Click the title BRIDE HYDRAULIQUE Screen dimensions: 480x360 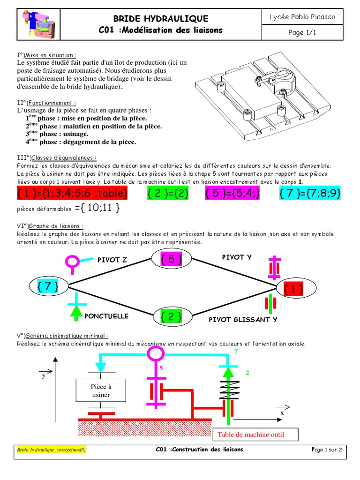pyautogui.click(x=161, y=19)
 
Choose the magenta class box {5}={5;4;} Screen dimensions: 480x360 pyautogui.click(x=232, y=193)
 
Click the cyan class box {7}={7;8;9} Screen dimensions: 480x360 pyautogui.click(x=310, y=193)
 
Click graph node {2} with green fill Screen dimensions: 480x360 pyautogui.click(x=171, y=316)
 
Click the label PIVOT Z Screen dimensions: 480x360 pyautogui.click(x=112, y=260)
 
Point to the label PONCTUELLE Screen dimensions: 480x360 pyautogui.click(x=106, y=316)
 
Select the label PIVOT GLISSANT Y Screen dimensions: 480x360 pyautogui.click(x=243, y=320)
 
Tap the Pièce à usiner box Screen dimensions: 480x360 pyautogui.click(x=100, y=391)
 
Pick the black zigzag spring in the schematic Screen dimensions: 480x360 pyautogui.click(x=227, y=389)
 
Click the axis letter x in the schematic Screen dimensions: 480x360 pyautogui.click(x=282, y=413)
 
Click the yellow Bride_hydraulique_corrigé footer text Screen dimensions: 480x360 pyautogui.click(x=52, y=450)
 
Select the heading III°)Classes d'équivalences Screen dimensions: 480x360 pyautogui.click(x=57, y=158)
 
